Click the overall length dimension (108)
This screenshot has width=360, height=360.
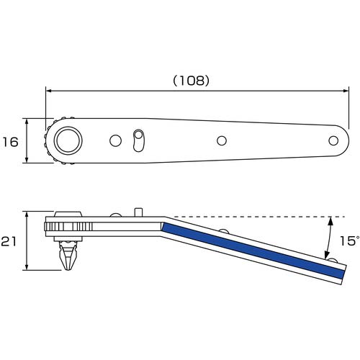click(192, 81)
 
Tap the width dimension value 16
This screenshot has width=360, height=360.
click(11, 142)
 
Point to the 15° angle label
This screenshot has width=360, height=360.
click(348, 241)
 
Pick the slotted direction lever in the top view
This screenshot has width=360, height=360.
click(139, 140)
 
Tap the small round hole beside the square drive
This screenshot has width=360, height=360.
click(114, 140)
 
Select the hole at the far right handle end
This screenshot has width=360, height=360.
click(333, 140)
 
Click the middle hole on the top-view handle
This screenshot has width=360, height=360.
click(222, 140)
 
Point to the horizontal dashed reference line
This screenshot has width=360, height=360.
click(252, 217)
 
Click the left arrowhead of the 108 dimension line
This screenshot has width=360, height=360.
click(49, 91)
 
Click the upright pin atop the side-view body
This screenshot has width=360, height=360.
click(137, 212)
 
